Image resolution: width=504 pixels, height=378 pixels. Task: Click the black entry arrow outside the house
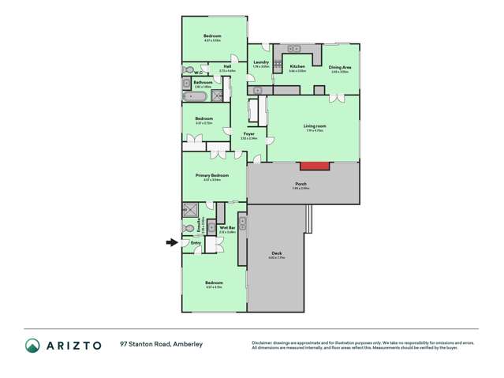pyautogui.click(x=171, y=243)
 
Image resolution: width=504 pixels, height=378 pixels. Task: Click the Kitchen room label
pyautogui.click(x=297, y=66)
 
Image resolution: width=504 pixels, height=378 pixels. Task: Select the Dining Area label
pyautogui.click(x=339, y=66)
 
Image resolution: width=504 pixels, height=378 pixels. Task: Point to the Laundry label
pyautogui.click(x=261, y=62)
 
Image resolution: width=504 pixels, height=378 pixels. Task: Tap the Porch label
pyautogui.click(x=301, y=183)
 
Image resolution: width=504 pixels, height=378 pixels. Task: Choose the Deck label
pyautogui.click(x=276, y=253)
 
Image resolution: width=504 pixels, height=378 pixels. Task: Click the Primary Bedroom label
pyautogui.click(x=211, y=175)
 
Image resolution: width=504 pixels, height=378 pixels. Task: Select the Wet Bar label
pyautogui.click(x=228, y=227)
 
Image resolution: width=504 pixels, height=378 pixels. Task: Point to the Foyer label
pyautogui.click(x=248, y=134)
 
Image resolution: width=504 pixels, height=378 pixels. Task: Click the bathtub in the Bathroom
pyautogui.click(x=195, y=97)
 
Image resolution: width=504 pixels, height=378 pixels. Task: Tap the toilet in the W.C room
pyautogui.click(x=188, y=69)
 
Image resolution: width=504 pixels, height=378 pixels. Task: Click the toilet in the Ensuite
pyautogui.click(x=188, y=228)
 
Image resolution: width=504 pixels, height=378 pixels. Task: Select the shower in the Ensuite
pyautogui.click(x=190, y=209)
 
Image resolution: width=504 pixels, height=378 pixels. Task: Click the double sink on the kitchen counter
pyautogui.click(x=294, y=48)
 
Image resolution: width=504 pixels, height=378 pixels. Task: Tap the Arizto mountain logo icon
pyautogui.click(x=32, y=345)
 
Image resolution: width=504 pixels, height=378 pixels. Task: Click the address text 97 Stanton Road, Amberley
pyautogui.click(x=162, y=345)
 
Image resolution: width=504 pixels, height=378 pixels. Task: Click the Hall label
pyautogui.click(x=227, y=66)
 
